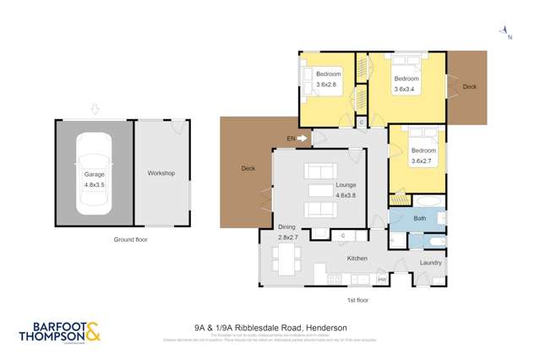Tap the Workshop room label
pyautogui.click(x=161, y=173)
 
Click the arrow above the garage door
pyautogui.click(x=95, y=109)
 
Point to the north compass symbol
pyautogui.click(x=507, y=32)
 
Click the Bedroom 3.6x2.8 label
pyautogui.click(x=328, y=79)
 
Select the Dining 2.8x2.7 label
pyautogui.click(x=290, y=232)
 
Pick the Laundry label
pyautogui.click(x=431, y=263)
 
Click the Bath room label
pyautogui.click(x=419, y=218)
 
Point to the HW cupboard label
pyautogui.click(x=381, y=280)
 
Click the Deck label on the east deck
pyautogui.click(x=469, y=86)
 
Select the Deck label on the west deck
pyautogui.click(x=248, y=168)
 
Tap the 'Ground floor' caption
pyautogui.click(x=131, y=240)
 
